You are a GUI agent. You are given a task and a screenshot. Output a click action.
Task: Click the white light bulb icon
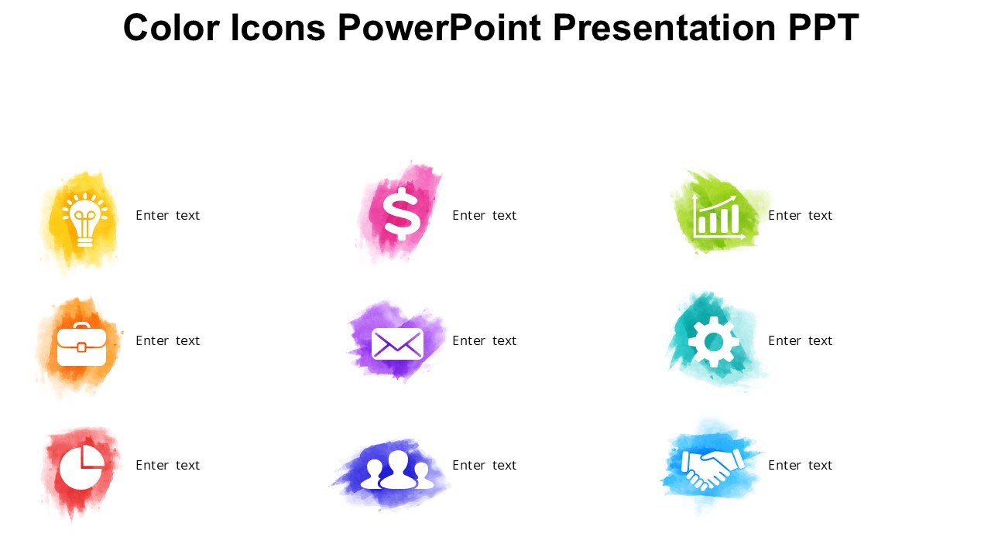84,219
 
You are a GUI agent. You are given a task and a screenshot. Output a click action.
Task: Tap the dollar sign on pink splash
402,214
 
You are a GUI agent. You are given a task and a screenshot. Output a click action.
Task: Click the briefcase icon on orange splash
81,346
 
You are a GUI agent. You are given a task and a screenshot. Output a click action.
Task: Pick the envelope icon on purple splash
397,343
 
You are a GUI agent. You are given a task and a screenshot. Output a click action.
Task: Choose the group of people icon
397,470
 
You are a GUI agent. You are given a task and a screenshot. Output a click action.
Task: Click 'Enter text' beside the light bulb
168,216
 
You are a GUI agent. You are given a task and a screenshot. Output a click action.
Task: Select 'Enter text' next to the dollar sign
485,216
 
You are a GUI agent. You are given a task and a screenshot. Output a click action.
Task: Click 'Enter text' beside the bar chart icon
801,216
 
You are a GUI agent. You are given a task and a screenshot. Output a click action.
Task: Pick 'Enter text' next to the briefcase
168,341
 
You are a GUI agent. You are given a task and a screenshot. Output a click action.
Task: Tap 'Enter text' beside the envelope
485,341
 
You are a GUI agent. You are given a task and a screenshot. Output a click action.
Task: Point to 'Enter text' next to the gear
801,341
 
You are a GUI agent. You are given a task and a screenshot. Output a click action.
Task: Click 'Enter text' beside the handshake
801,466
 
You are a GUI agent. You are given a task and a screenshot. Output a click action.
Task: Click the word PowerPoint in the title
439,29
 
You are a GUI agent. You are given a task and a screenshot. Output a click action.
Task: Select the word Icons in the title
278,29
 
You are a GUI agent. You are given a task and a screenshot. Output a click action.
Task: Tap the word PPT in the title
823,29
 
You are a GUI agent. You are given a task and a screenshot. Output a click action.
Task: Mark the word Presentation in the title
664,29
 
